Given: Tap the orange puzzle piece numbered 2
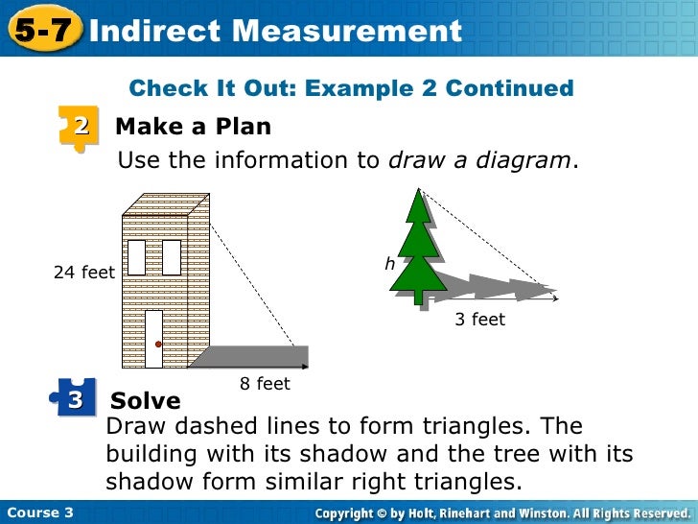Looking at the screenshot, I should [x=80, y=128].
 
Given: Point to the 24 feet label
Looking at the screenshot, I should [x=84, y=273].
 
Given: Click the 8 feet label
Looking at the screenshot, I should [x=265, y=384].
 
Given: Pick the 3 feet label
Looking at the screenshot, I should [x=479, y=320].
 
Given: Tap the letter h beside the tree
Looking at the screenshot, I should [x=390, y=262].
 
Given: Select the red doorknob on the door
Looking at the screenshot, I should [x=158, y=344].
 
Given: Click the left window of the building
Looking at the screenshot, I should [x=136, y=256].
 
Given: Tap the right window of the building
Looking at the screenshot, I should [x=172, y=256].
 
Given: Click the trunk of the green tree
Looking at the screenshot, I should [x=418, y=298].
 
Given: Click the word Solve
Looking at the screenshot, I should [x=146, y=400].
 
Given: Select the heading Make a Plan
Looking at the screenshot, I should [x=193, y=127].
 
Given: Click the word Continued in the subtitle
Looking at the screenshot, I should [x=510, y=89].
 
